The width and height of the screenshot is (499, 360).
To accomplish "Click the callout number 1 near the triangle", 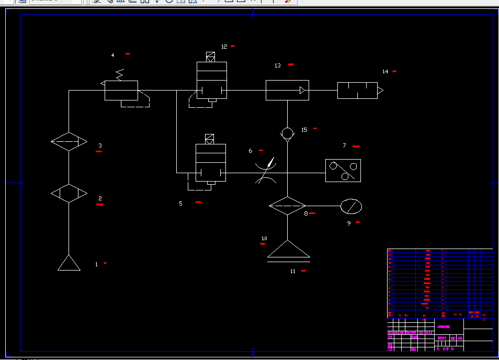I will click(96, 264).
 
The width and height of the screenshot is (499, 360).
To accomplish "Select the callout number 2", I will click(100, 198).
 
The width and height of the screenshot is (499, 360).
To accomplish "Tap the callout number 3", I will click(100, 145).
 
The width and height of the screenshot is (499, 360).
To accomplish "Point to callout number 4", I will click(112, 55).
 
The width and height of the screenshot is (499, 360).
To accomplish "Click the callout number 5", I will click(181, 204).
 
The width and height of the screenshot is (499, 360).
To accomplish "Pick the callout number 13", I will click(278, 65).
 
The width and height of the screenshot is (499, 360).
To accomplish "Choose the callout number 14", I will click(385, 71).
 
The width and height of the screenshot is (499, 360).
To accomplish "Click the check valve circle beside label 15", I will click(287, 133).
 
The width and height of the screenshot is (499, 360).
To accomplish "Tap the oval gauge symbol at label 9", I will click(351, 206).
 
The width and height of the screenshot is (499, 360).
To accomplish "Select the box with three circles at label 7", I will click(343, 171).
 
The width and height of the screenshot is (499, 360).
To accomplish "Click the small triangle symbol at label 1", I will click(69, 263).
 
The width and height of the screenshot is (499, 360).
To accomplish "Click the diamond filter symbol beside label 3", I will click(69, 141).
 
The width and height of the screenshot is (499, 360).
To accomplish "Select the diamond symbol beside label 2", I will click(69, 194).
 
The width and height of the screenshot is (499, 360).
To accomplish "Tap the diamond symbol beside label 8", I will click(287, 206).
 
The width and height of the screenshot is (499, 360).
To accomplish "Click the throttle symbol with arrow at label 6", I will click(267, 171).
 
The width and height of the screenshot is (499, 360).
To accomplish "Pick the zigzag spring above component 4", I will click(120, 75).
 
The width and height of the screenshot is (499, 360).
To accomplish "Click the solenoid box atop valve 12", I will click(210, 57).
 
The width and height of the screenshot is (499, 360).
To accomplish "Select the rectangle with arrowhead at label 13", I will click(287, 90).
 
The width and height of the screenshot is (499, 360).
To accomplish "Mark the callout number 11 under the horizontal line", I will click(293, 271).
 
